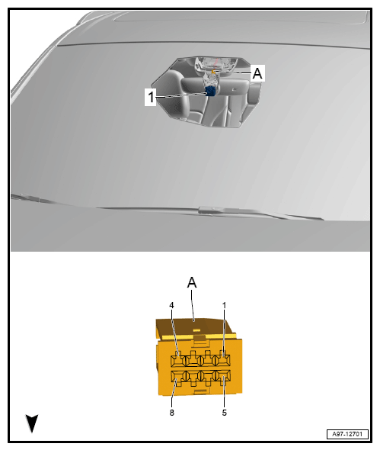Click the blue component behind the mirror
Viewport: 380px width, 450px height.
pos(211,91)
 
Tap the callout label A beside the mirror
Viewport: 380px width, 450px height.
pos(257,73)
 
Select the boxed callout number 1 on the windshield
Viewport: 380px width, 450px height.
pos(151,97)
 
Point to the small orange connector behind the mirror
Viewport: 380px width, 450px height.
pos(213,71)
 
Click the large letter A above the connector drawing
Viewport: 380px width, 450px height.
pos(192,282)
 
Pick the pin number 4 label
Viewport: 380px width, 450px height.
pos(171,305)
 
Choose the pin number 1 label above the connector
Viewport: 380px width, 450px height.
pos(224,305)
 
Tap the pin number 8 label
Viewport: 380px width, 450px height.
pos(171,413)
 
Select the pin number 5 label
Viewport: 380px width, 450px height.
pos(224,413)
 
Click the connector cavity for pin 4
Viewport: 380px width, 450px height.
pos(178,359)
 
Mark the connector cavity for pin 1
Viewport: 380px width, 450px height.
pos(222,359)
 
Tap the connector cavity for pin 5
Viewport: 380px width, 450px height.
pos(223,377)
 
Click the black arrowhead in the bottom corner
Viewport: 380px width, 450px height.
pos(32,423)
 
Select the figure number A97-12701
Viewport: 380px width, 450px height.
pos(347,434)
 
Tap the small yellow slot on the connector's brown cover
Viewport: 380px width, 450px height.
pos(196,330)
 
